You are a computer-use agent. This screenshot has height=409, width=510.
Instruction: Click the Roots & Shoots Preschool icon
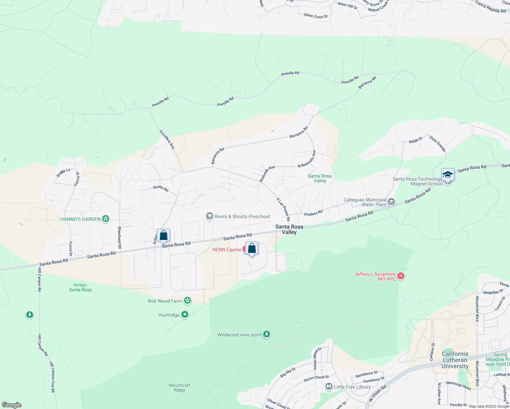point(209,216)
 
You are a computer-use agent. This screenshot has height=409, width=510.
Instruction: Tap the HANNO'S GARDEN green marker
point(106,219)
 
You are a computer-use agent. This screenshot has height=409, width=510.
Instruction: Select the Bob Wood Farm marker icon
point(187,301)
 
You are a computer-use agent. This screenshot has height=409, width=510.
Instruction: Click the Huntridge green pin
point(184,315)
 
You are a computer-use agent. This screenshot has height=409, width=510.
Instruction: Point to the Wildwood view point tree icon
point(267,335)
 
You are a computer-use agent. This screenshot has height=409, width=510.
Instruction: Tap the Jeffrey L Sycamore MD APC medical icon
point(401,276)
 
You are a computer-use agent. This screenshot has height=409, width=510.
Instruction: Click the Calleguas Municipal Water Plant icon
point(391,202)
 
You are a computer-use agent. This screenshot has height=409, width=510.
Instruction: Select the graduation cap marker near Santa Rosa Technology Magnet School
point(448,175)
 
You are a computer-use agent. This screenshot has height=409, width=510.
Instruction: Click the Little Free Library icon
point(329,387)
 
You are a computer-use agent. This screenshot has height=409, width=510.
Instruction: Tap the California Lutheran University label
point(455,360)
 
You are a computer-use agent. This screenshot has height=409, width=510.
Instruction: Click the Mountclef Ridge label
point(179,388)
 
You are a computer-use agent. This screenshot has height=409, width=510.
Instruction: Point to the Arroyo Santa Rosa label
point(80,287)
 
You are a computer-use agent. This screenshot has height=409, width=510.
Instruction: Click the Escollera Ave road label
point(167,139)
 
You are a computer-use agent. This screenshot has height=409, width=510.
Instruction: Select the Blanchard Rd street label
point(120,237)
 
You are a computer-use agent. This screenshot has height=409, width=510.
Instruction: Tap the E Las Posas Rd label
point(283,209)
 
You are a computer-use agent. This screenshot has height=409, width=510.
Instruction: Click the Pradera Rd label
point(313,213)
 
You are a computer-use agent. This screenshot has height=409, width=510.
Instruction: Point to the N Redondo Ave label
point(307,159)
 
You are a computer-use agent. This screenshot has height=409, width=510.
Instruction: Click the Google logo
point(11,405)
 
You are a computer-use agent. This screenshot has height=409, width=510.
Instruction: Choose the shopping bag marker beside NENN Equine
point(252,249)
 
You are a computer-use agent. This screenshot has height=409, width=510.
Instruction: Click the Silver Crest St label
point(316,16)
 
